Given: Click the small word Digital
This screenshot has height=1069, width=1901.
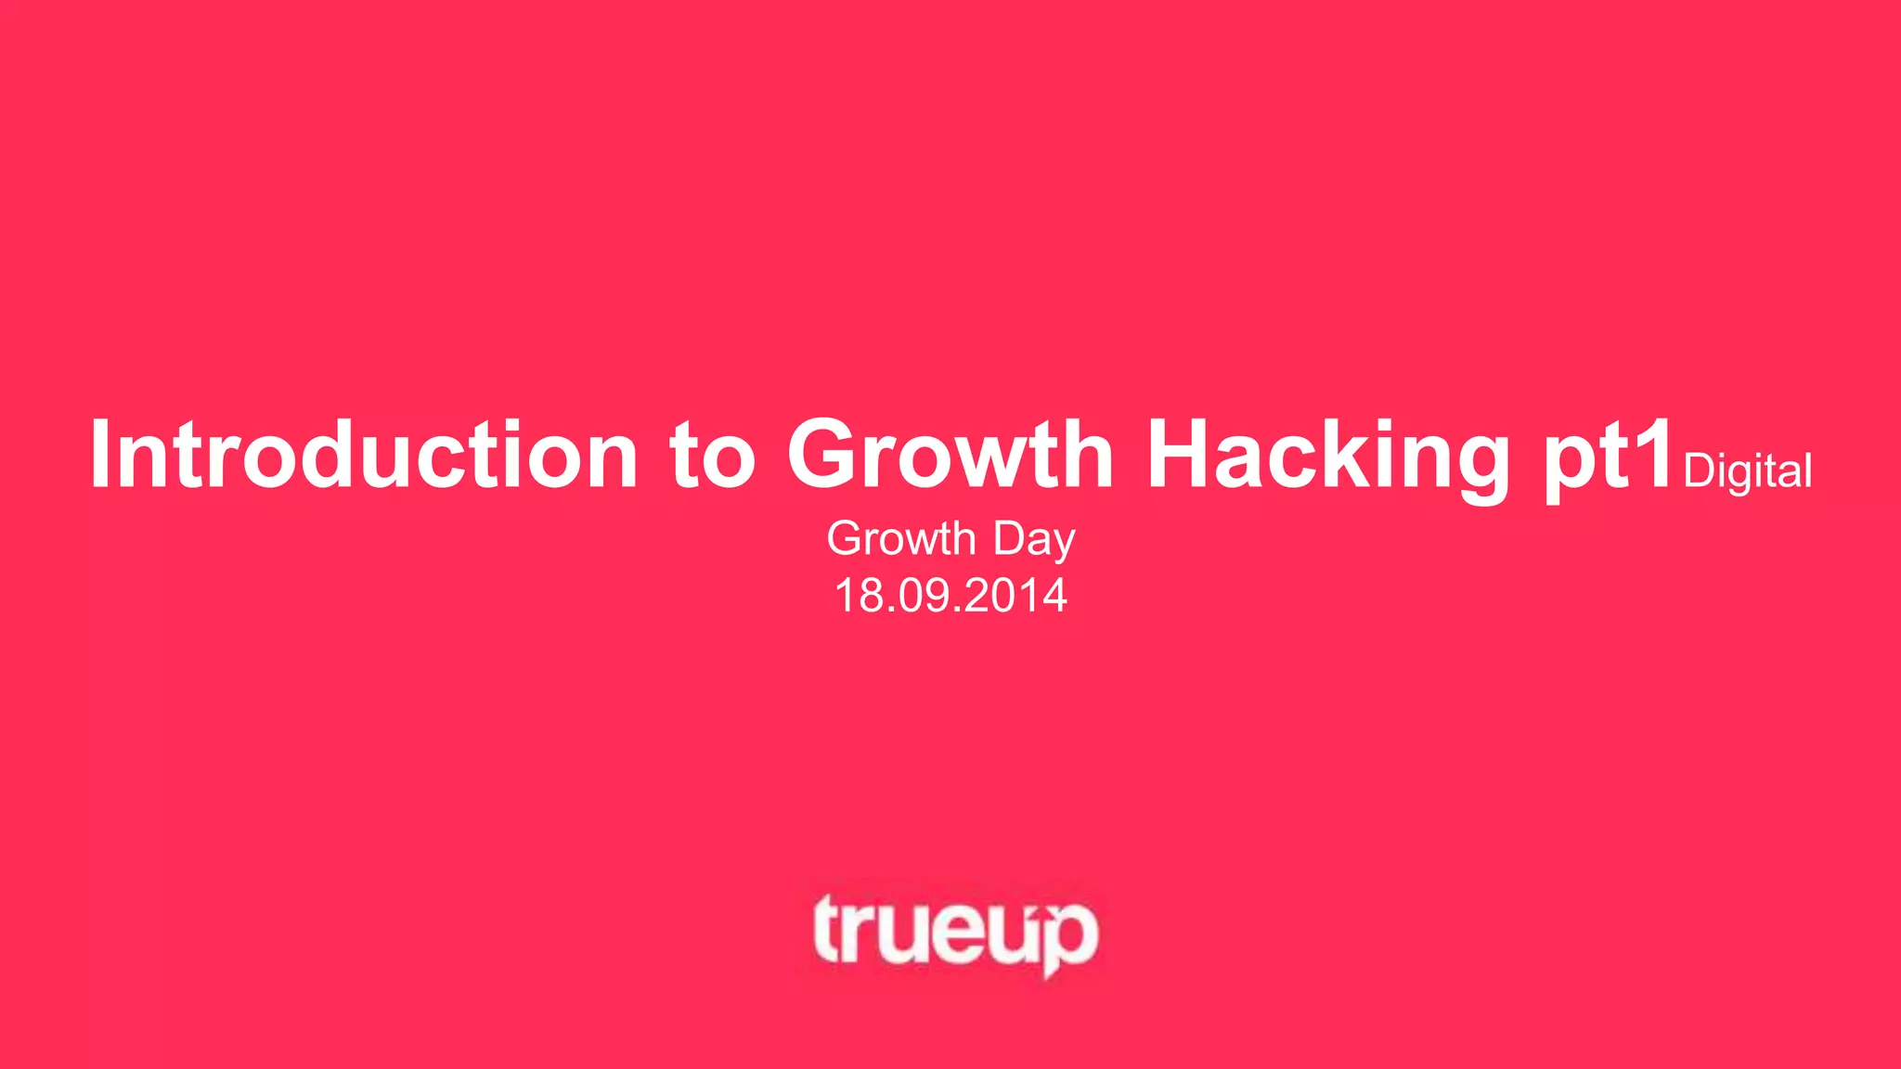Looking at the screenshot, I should tap(1747, 471).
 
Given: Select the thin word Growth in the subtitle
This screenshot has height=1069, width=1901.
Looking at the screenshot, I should tap(901, 538).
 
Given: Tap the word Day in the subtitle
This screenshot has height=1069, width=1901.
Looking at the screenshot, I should tap(1034, 540).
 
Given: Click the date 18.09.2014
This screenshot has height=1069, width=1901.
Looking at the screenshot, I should tap(950, 595).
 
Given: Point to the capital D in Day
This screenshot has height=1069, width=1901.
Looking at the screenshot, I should tap(1009, 538).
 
